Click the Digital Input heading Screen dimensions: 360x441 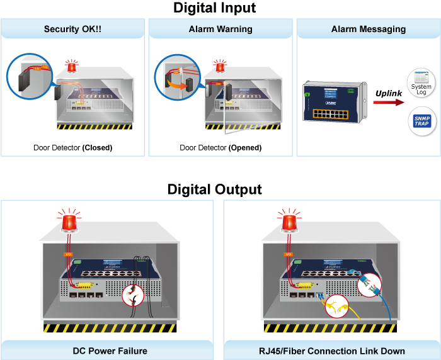tap(214, 8)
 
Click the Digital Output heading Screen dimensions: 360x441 tap(214, 189)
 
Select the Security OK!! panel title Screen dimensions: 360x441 tap(73, 29)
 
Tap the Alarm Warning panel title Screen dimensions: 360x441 tap(220, 29)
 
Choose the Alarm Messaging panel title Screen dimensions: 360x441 tap(369, 29)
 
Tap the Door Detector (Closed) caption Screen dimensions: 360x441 tap(73, 148)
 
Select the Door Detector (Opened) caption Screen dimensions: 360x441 tap(220, 148)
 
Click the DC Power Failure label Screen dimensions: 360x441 tap(110, 351)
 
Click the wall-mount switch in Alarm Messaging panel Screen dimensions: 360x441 tap(334, 101)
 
